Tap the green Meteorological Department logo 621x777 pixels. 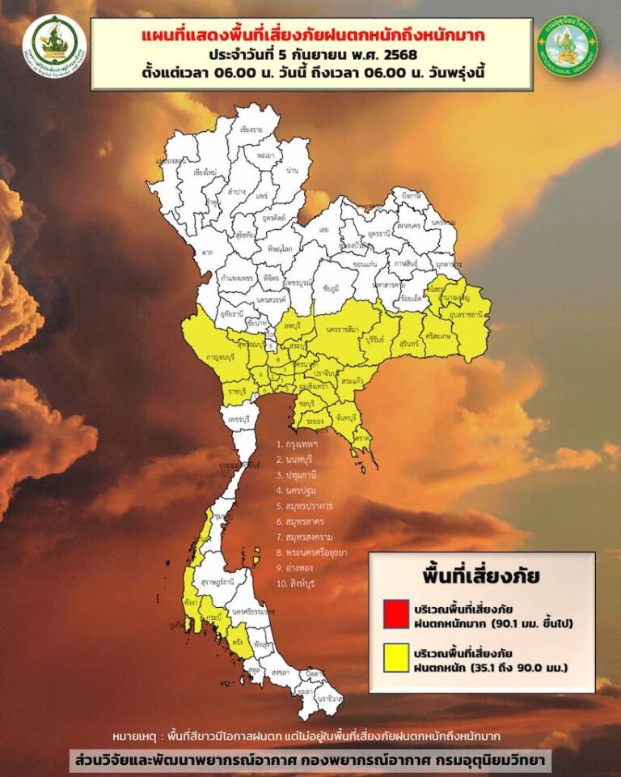coord(566,45)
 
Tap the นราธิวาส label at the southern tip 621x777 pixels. coord(327,697)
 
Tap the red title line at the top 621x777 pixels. coord(311,36)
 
